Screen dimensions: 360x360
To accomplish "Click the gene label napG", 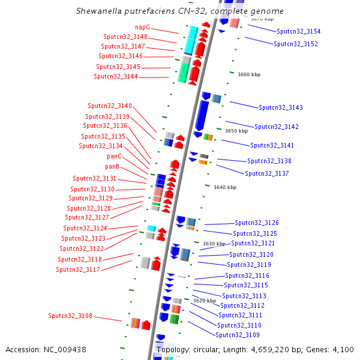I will pos(143,27).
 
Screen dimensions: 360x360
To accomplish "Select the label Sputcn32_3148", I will pos(125,37).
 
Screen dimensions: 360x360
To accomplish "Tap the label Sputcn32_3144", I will pos(116,76).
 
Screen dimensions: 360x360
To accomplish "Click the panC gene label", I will pos(114,156).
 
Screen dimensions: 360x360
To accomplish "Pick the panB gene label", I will pos(112,166).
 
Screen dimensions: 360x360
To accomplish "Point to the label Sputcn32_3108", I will pos(70,315).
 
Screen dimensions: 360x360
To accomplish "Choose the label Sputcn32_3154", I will pos(299,31).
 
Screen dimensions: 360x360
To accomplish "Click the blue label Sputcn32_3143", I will pos(281,107).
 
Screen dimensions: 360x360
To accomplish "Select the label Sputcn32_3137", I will pos(267,173).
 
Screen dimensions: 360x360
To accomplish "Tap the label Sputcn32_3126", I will pos(257,223).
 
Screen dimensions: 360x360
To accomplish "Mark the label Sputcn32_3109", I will pos(238,335).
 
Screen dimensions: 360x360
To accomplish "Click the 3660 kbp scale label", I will pos(249,74).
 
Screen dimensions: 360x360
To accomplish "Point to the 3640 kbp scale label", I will pos(225,187).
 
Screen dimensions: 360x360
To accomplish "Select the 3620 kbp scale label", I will pos(204,300).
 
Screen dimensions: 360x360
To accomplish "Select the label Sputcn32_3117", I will pos(78,269).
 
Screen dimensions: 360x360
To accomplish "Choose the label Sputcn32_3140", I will pos(110,106).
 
